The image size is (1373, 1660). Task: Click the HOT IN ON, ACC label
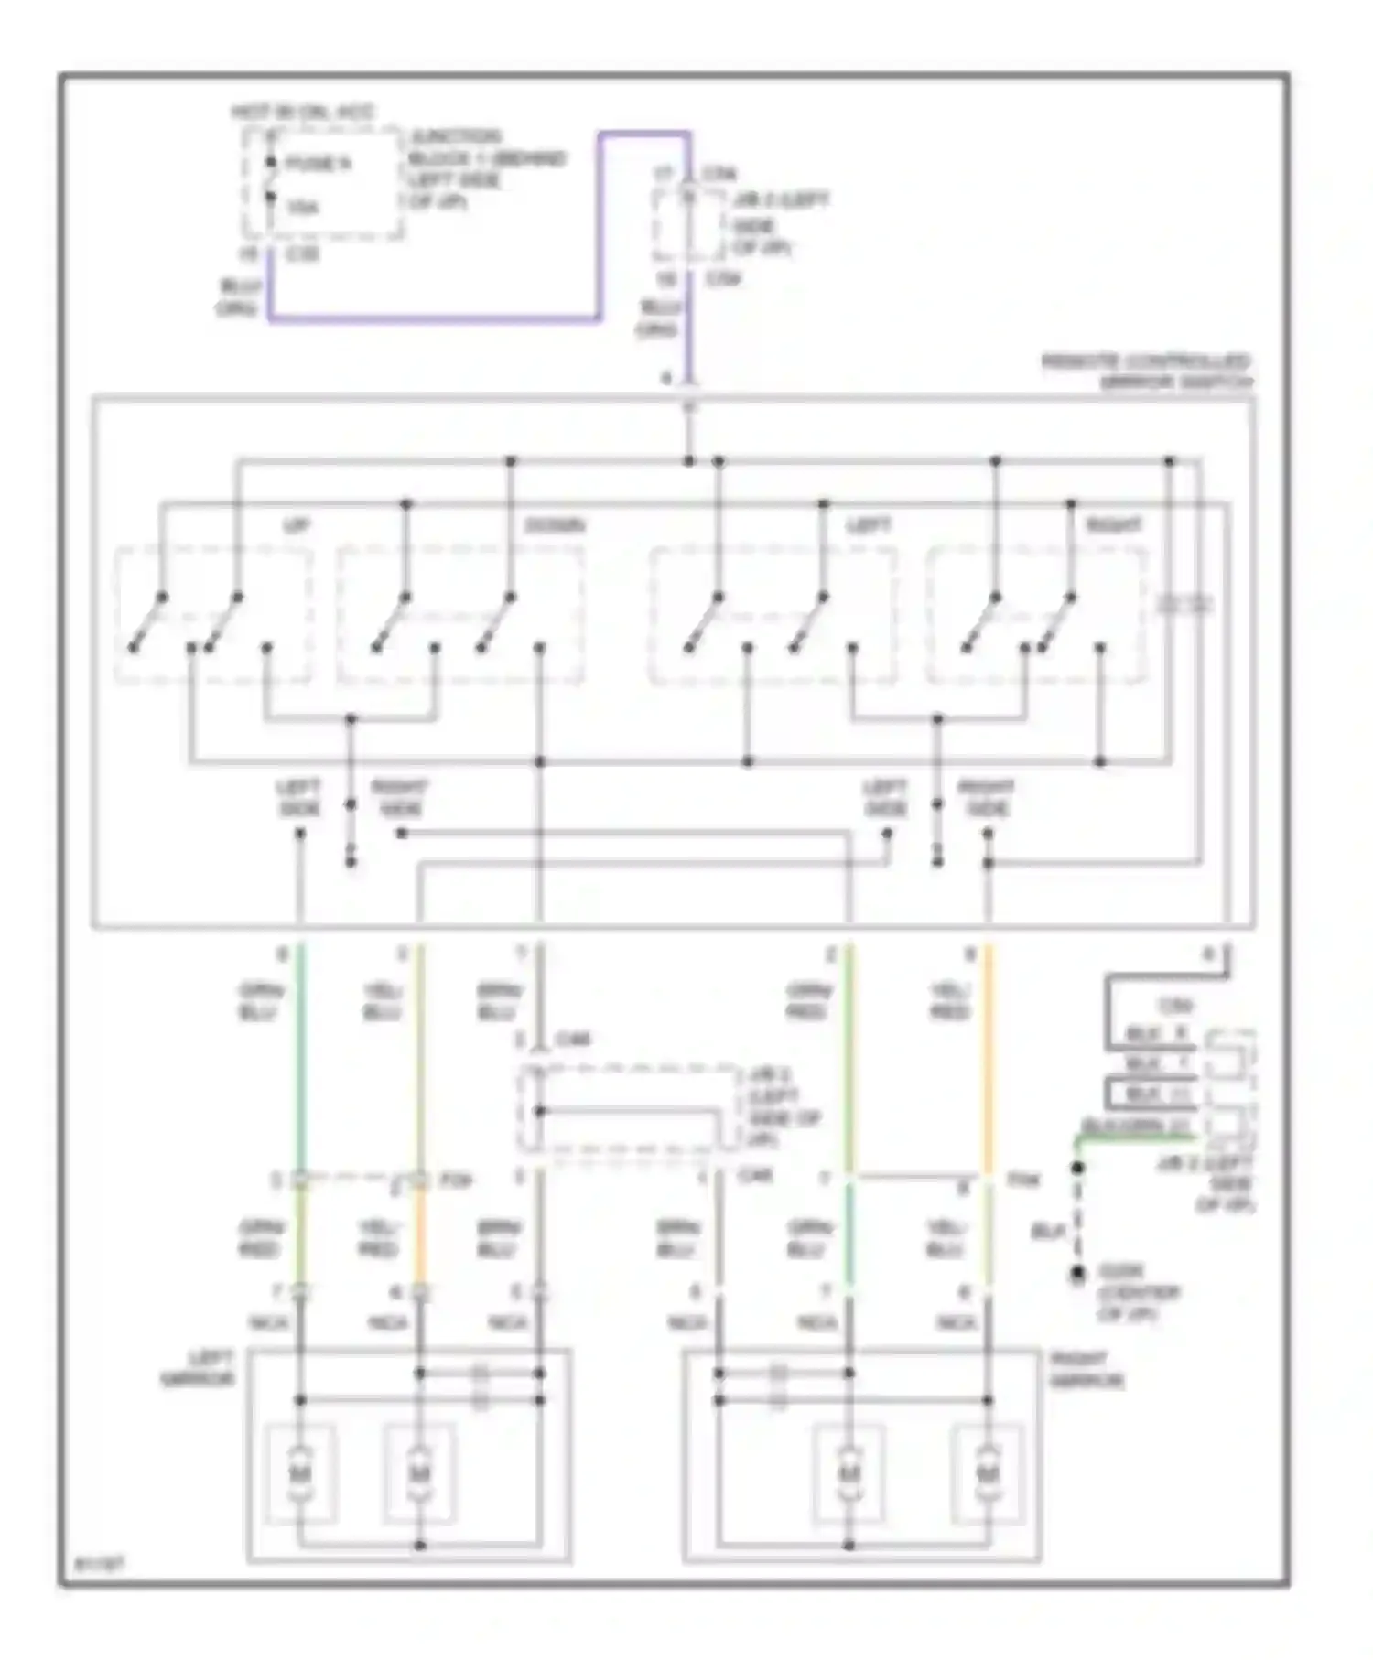tap(302, 113)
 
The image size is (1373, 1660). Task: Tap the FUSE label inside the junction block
tap(318, 164)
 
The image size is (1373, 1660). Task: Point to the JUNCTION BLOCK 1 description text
tap(485, 169)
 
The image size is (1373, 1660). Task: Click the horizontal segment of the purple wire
tap(435, 318)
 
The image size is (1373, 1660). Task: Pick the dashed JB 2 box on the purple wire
tap(688, 224)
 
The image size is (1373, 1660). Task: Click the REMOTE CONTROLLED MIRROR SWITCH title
tap(1149, 372)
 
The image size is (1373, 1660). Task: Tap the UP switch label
tap(296, 526)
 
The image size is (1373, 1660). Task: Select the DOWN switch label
tap(555, 526)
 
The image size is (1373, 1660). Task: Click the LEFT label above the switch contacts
tap(869, 526)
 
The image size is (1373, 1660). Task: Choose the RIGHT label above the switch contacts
tap(1113, 526)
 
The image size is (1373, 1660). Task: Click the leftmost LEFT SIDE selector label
tap(298, 798)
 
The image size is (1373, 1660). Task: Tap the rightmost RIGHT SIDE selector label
tap(986, 798)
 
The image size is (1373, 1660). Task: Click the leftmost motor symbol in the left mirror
tap(299, 1472)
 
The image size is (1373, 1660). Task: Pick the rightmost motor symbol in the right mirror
tap(987, 1472)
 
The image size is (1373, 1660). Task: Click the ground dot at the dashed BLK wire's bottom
tap(1078, 1272)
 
